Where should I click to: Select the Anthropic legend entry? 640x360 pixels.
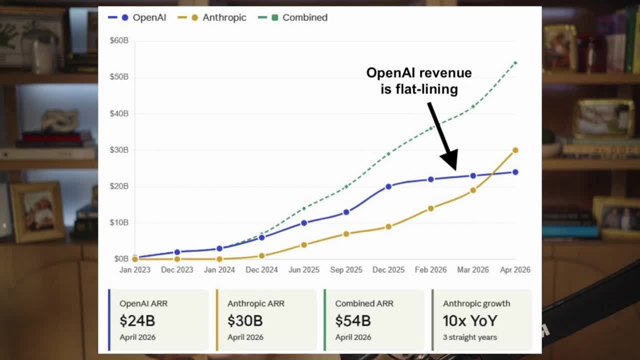click(x=212, y=17)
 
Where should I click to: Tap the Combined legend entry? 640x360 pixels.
click(x=293, y=17)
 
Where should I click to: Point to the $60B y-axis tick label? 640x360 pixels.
click(x=119, y=40)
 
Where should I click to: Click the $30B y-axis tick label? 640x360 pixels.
click(x=119, y=150)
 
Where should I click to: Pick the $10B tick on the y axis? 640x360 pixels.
click(x=119, y=222)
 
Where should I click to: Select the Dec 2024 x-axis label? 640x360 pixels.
click(x=261, y=269)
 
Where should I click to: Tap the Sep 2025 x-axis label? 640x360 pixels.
click(x=346, y=269)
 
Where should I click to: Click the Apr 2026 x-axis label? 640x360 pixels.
click(x=515, y=269)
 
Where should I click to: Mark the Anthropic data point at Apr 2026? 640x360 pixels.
click(x=515, y=150)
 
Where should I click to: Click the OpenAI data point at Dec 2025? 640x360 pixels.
click(x=388, y=186)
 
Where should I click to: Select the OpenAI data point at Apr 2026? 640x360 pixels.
click(x=515, y=172)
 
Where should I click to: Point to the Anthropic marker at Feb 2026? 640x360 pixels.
click(x=431, y=208)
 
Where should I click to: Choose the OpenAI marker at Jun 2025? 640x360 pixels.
click(x=304, y=222)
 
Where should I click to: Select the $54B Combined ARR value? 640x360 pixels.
click(x=353, y=320)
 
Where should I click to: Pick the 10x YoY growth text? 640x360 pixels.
click(x=470, y=320)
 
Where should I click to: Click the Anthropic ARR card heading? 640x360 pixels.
click(x=256, y=303)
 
